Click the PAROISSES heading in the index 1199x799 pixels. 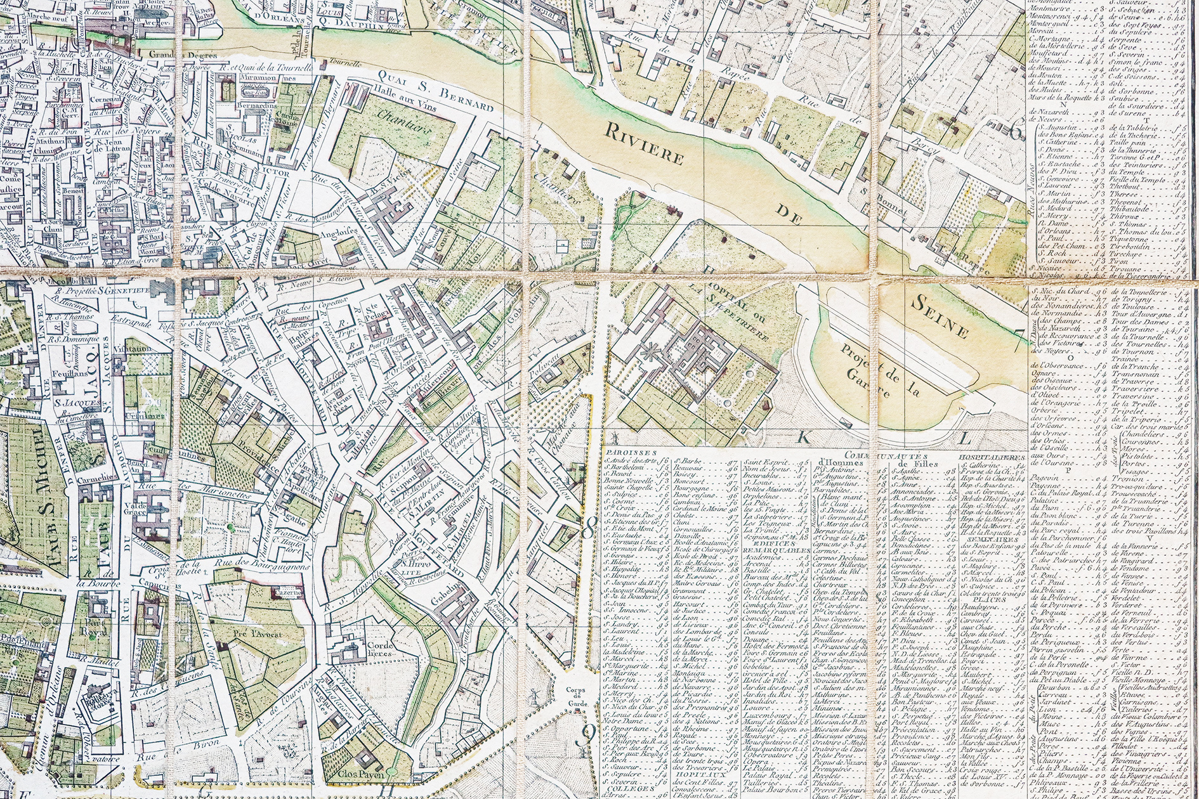pyautogui.click(x=622, y=455)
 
